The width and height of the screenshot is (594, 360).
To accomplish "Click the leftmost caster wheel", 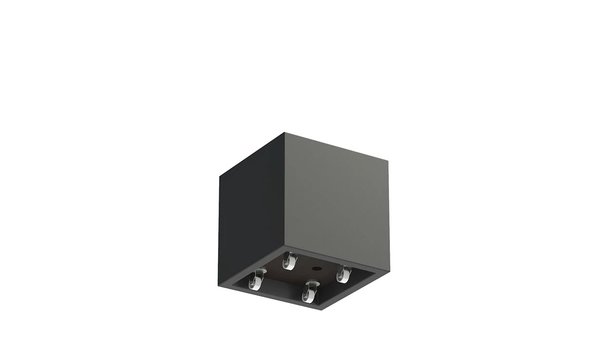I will click(x=254, y=281).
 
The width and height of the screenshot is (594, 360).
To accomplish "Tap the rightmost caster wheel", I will click(x=343, y=275).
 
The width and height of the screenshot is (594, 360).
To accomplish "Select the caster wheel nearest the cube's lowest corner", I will click(x=308, y=293).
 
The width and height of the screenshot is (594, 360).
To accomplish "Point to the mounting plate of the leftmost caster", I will click(x=257, y=271).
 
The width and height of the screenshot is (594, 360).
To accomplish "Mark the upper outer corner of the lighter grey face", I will click(x=389, y=159).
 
